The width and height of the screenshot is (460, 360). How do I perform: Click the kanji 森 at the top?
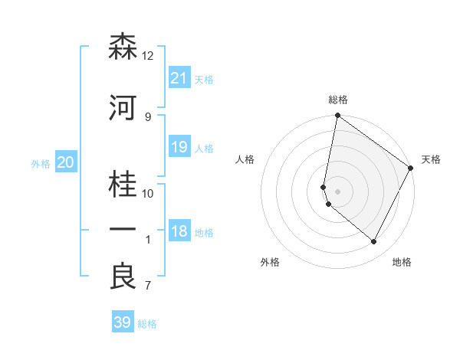[123, 47]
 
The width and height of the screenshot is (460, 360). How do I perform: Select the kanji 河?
[123, 109]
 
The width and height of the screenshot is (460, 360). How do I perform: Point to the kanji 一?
[123, 230]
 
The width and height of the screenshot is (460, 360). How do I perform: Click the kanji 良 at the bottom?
[123, 277]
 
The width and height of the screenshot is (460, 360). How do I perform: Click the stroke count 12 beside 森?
[148, 56]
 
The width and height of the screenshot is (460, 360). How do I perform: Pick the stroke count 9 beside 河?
[147, 116]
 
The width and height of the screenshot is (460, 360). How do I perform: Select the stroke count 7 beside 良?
[147, 286]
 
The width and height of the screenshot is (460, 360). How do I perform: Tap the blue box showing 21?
[179, 77]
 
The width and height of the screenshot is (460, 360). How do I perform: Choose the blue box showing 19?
[179, 146]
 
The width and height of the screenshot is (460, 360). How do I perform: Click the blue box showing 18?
[179, 231]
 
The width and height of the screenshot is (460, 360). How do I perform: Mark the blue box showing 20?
[65, 162]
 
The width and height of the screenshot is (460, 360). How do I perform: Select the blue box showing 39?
[122, 322]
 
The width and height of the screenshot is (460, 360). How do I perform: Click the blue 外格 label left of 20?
[41, 163]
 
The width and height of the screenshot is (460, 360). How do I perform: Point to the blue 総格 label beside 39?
[148, 324]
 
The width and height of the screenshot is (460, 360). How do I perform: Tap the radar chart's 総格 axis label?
[338, 100]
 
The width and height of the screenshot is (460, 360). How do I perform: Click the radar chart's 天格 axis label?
[431, 159]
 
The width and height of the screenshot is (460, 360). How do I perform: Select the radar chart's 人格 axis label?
[245, 159]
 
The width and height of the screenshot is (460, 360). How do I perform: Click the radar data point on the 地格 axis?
[374, 242]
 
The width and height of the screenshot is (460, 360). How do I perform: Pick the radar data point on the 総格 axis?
[337, 116]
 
